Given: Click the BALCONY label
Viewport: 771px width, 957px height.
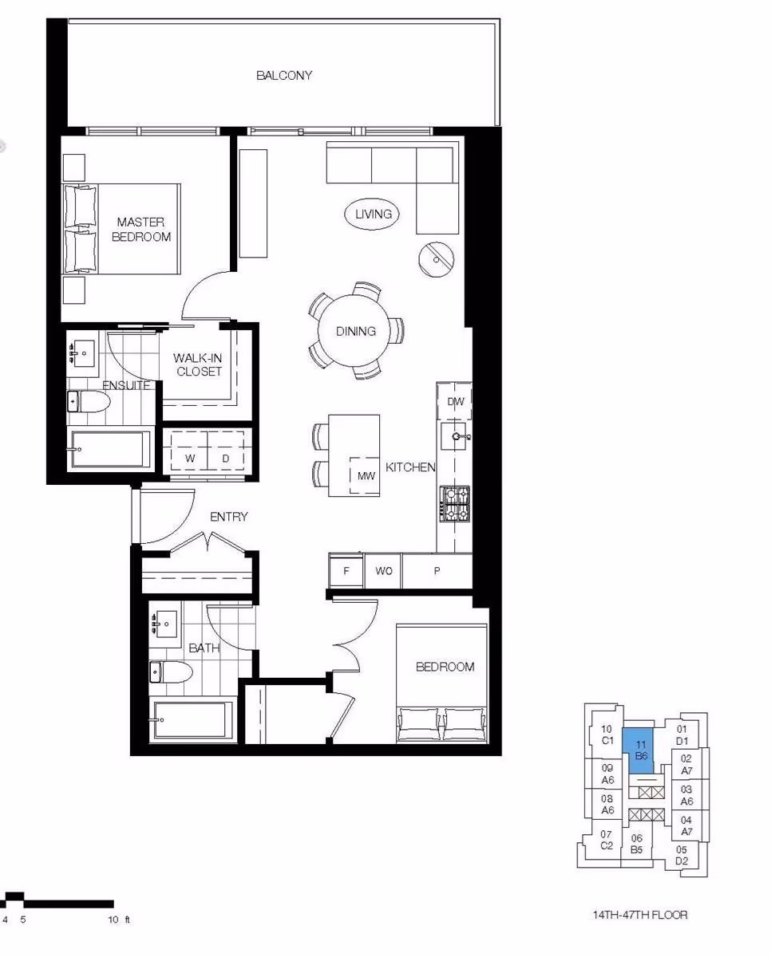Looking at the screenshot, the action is click(284, 76).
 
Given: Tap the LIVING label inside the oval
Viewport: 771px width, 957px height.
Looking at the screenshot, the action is click(374, 214).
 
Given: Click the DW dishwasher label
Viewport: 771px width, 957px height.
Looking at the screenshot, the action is click(456, 402).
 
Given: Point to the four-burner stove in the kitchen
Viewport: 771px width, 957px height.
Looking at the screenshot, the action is click(455, 503).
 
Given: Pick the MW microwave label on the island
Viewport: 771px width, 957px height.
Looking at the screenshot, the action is click(366, 476).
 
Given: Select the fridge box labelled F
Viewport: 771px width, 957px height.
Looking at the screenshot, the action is click(346, 570).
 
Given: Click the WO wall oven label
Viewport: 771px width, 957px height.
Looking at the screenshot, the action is click(383, 571).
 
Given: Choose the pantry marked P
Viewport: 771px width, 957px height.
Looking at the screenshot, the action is click(437, 570).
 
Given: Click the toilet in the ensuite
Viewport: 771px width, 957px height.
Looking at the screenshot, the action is click(88, 402).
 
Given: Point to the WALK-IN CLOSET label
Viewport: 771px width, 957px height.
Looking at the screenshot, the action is click(198, 364).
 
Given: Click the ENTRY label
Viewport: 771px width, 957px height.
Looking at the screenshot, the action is click(229, 517).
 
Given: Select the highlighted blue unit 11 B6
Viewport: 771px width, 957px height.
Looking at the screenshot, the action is click(639, 751).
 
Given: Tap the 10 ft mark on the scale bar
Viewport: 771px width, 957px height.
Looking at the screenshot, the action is click(113, 920).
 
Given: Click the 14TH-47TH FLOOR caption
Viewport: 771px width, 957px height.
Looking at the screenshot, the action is click(640, 916).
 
